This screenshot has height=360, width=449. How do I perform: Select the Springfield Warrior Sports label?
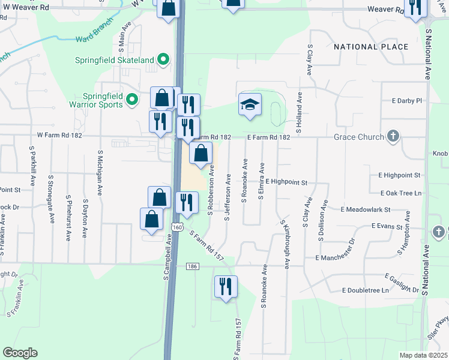pyautogui.click(x=102, y=100)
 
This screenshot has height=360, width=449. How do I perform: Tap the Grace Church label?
pyautogui.click(x=360, y=137)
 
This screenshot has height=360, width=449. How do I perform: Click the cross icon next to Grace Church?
pyautogui.click(x=394, y=136)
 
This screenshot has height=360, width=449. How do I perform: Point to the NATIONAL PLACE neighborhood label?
pyautogui.click(x=371, y=47)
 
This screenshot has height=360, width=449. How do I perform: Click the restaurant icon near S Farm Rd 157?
pyautogui.click(x=226, y=287)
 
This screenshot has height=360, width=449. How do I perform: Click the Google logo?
pyautogui.click(x=20, y=353)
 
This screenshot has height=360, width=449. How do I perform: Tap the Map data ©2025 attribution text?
pyautogui.click(x=423, y=355)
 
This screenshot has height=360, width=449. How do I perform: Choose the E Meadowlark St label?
pyautogui.click(x=366, y=209)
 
